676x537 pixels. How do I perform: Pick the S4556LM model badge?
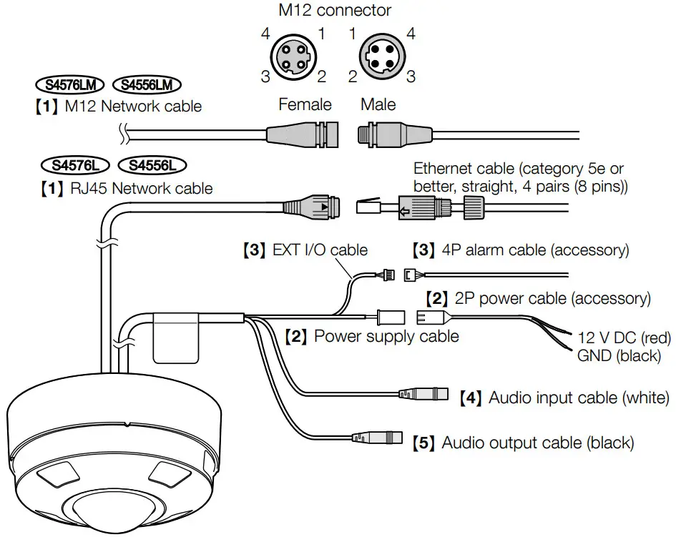pos(147,85)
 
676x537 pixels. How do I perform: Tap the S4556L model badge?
pos(152,166)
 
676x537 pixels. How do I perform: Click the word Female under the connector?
pos(305,104)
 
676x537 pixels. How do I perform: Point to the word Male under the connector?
pos(378,104)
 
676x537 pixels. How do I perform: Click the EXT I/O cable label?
pos(305,250)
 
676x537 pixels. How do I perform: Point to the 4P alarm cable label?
pos(521,250)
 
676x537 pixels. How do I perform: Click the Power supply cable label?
pos(371,335)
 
